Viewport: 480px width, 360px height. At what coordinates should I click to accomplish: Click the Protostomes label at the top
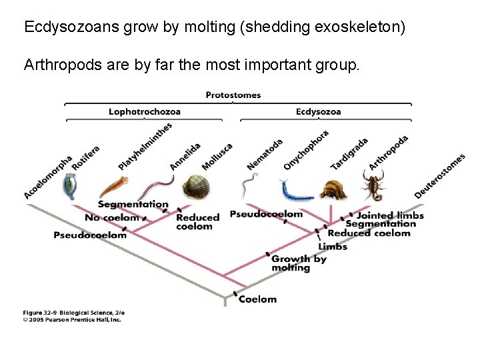point(233,95)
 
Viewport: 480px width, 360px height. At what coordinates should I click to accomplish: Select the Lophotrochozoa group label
point(145,111)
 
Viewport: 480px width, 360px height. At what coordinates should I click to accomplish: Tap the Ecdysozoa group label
point(319,111)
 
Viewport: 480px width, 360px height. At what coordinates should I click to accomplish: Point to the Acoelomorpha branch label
point(48,177)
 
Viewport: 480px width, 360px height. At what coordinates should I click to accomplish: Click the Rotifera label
point(86,158)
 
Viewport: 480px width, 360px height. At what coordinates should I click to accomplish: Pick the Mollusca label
point(217,156)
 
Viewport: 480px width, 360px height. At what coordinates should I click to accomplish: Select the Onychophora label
point(306,149)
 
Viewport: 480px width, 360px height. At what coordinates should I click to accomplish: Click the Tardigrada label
point(349,153)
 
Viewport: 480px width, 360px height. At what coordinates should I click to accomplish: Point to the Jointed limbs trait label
point(390,215)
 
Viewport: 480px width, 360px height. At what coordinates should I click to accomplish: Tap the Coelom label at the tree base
point(257,299)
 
